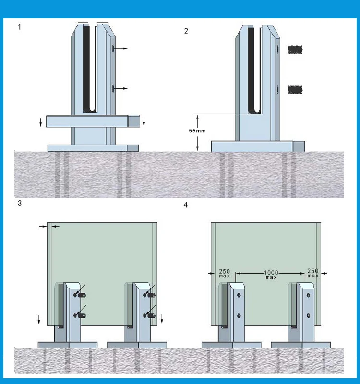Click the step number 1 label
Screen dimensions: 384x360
point(19,27)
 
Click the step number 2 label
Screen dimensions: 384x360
point(186,31)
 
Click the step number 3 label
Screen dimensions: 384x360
point(19,203)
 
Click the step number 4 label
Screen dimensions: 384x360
point(186,205)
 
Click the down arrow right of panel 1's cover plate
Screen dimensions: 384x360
point(144,124)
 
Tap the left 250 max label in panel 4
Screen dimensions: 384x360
point(225,273)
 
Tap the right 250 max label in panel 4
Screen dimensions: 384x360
point(312,273)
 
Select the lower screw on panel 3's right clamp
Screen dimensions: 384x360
point(149,315)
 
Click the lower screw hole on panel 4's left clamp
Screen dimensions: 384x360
point(239,315)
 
